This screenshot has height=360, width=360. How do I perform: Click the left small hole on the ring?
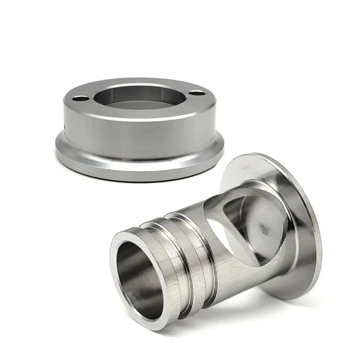pyautogui.click(x=80, y=98)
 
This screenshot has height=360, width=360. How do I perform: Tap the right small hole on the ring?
pyautogui.click(x=196, y=92)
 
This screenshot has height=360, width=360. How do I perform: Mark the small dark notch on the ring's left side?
pyautogui.click(x=65, y=128)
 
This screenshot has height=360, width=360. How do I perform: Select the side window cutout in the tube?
pyautogui.click(x=240, y=226)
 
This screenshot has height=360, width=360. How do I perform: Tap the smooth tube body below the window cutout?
pyautogui.click(x=240, y=274)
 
